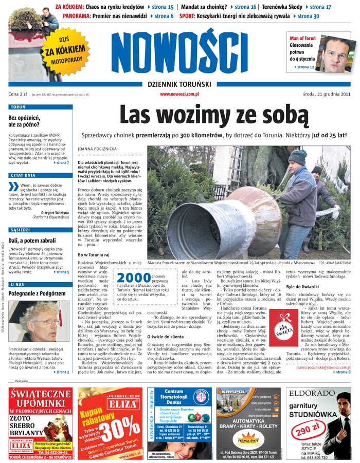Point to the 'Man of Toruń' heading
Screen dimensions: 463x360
coord(304,39)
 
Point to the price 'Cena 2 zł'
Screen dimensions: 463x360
coord(18,94)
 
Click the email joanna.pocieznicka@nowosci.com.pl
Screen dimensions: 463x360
coord(323,367)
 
